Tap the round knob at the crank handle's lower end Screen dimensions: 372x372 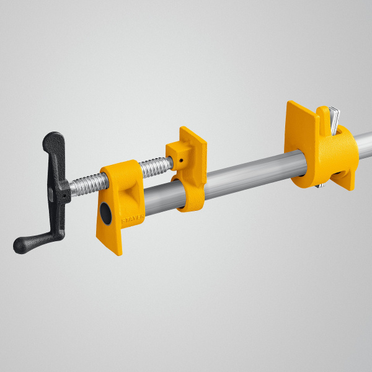(21, 245)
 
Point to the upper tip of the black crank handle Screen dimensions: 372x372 (56, 138)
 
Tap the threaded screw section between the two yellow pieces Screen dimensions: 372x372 (154, 166)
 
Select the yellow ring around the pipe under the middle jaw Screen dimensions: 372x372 (187, 195)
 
